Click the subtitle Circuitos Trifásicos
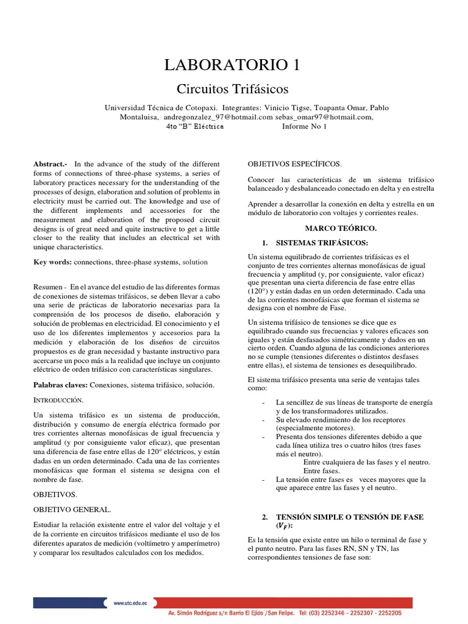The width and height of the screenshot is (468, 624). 232,89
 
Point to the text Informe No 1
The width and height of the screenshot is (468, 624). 305,127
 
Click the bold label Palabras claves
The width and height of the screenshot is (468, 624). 60,385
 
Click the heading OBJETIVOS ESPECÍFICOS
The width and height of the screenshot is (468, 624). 295,165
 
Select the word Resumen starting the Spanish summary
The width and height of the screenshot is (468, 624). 49,286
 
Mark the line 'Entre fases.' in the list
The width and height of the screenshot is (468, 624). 322,471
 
